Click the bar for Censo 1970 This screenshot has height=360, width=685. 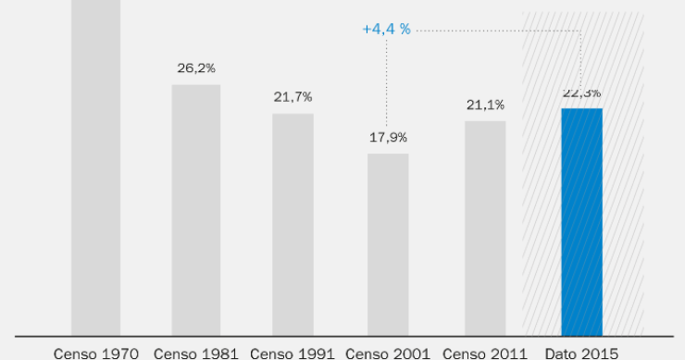[x=96, y=167]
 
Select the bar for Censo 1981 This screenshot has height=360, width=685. [x=196, y=209]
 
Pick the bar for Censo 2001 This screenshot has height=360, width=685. [x=388, y=243]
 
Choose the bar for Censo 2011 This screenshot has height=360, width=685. [x=485, y=228]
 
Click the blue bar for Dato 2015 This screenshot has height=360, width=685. [x=581, y=221]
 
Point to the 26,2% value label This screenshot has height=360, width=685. [x=196, y=68]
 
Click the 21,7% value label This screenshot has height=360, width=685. [x=293, y=97]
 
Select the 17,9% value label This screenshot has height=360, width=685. [x=388, y=137]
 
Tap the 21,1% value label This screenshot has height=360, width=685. [x=485, y=105]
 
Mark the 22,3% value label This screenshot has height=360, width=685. [x=581, y=93]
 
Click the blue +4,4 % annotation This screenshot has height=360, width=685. [x=387, y=30]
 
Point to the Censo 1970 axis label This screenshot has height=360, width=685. [x=96, y=353]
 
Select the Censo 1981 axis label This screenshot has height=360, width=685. [x=196, y=353]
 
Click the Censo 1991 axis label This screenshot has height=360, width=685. [x=293, y=353]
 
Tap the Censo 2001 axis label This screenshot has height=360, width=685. [x=388, y=353]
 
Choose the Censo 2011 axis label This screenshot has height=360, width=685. [x=485, y=353]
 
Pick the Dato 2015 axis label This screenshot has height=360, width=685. [x=581, y=353]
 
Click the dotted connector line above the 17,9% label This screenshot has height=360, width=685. [x=388, y=83]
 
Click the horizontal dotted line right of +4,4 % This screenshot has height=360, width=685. [x=500, y=31]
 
